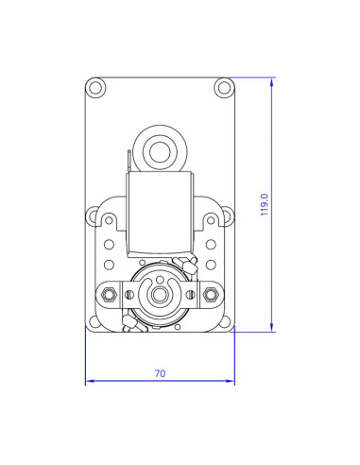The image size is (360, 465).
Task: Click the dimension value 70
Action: pos(160,374)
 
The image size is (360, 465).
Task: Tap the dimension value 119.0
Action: pos(265,204)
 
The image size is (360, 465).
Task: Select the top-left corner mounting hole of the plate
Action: pos(95,88)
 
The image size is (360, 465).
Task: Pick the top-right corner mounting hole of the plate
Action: pos(224,88)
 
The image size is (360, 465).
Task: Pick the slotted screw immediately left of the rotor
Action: pos(129,296)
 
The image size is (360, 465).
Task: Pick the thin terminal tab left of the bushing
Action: pos(128,162)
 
